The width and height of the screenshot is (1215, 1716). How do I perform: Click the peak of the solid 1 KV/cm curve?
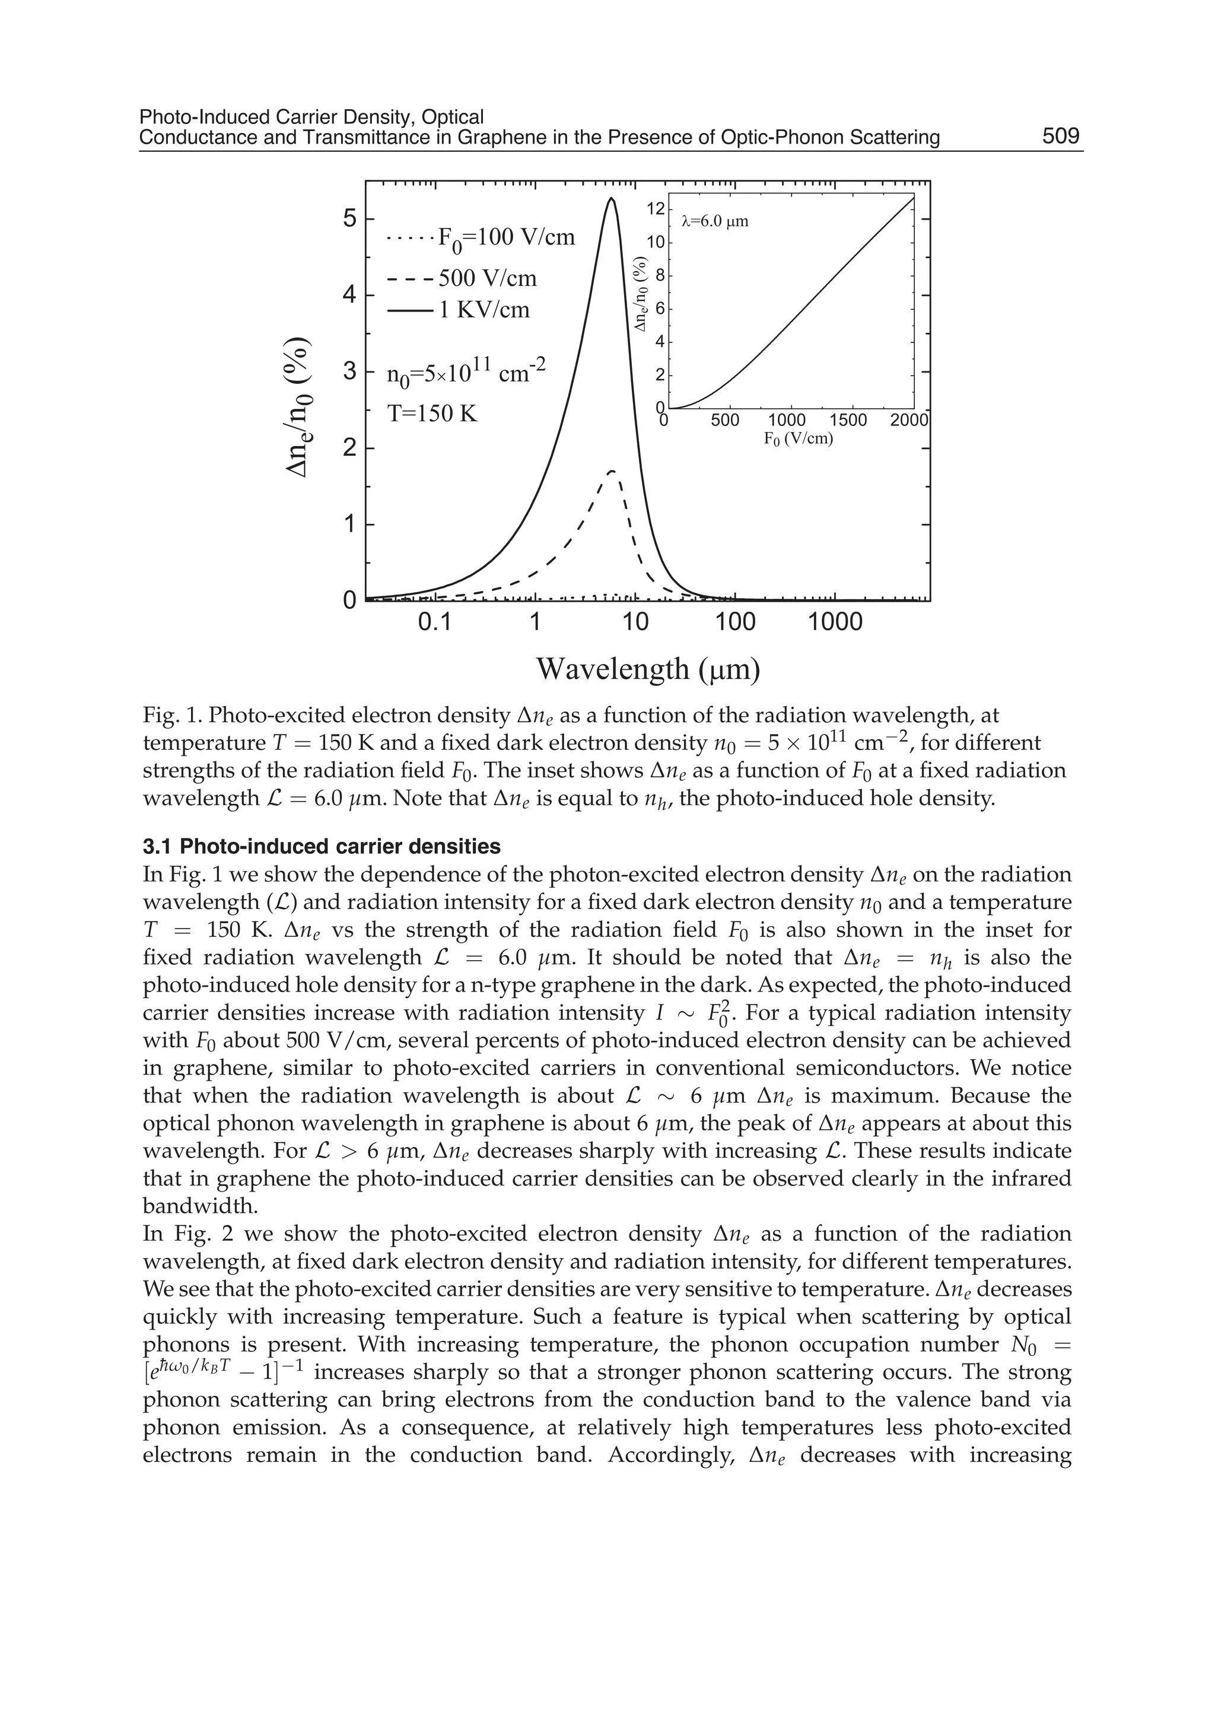click(611, 199)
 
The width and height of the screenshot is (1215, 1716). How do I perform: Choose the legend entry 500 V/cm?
click(462, 278)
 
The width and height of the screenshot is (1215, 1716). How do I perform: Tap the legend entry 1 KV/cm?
click(458, 310)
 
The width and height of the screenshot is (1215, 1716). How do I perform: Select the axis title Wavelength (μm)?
click(648, 668)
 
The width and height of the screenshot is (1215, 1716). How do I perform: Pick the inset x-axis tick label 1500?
click(848, 421)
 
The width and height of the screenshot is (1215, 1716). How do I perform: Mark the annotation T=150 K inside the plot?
click(432, 413)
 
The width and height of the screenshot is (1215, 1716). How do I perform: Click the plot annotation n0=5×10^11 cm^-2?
click(467, 372)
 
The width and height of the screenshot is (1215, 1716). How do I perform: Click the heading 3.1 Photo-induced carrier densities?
click(322, 846)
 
